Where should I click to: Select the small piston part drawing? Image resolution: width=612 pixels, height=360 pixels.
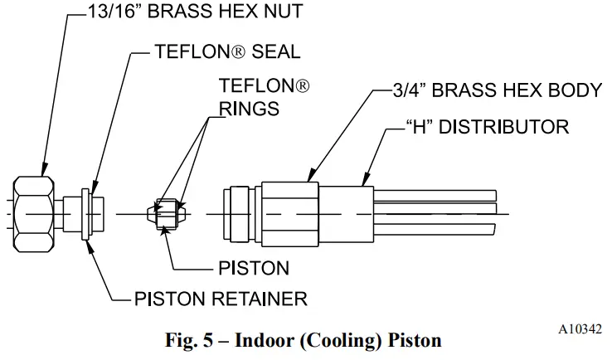pos(166,214)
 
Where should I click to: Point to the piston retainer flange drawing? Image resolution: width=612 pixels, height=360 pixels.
pos(87,214)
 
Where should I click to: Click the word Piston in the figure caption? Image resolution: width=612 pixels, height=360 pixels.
pos(415,339)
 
